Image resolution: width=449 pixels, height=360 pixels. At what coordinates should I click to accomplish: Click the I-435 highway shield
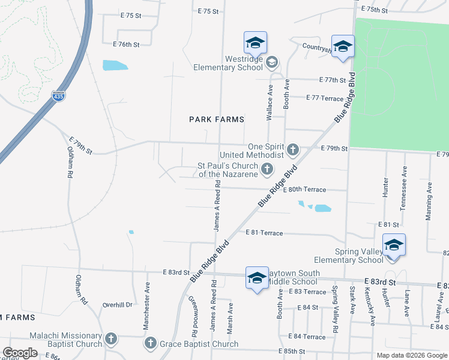point(58,96)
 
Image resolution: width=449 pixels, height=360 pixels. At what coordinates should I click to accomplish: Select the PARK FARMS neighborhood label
point(217,119)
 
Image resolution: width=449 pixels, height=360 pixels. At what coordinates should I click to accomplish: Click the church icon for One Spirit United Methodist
point(293,149)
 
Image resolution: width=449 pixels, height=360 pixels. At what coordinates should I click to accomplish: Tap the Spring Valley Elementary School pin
point(394,246)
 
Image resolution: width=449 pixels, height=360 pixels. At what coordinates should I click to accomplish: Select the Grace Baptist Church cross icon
point(150,344)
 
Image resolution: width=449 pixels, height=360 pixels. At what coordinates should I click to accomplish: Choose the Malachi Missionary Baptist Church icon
point(110,340)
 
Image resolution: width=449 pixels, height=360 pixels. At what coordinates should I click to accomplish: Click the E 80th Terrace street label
point(307,190)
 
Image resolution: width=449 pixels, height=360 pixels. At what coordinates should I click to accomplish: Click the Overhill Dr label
point(116,305)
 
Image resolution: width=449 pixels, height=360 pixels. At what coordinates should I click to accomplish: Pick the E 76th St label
point(126,44)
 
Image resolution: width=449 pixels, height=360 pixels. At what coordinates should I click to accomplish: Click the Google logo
point(20,353)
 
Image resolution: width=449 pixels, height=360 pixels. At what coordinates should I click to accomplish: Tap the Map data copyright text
point(411,355)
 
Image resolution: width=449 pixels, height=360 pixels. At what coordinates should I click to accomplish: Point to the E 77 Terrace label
point(324,98)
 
